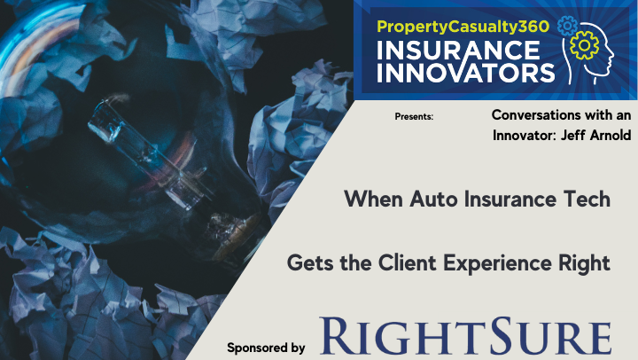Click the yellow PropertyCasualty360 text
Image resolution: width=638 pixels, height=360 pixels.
click(x=463, y=27)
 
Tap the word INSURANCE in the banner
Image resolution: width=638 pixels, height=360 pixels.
click(x=458, y=51)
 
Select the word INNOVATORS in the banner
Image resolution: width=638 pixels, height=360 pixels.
click(x=466, y=72)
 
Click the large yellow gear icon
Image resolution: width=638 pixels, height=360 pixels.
click(x=584, y=45)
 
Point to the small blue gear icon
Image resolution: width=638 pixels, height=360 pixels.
click(x=567, y=26)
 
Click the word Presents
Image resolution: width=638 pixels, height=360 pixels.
click(x=414, y=117)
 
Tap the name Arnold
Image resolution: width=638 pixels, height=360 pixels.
click(x=611, y=135)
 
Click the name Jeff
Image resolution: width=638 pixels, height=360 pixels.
click(x=573, y=135)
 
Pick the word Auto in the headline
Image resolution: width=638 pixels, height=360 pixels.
click(x=433, y=200)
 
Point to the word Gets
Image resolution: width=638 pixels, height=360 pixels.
click(x=310, y=263)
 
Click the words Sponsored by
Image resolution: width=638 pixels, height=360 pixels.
click(x=266, y=348)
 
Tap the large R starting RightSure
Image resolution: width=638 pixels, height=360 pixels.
click(x=336, y=335)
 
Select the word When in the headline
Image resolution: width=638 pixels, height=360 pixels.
click(x=374, y=200)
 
